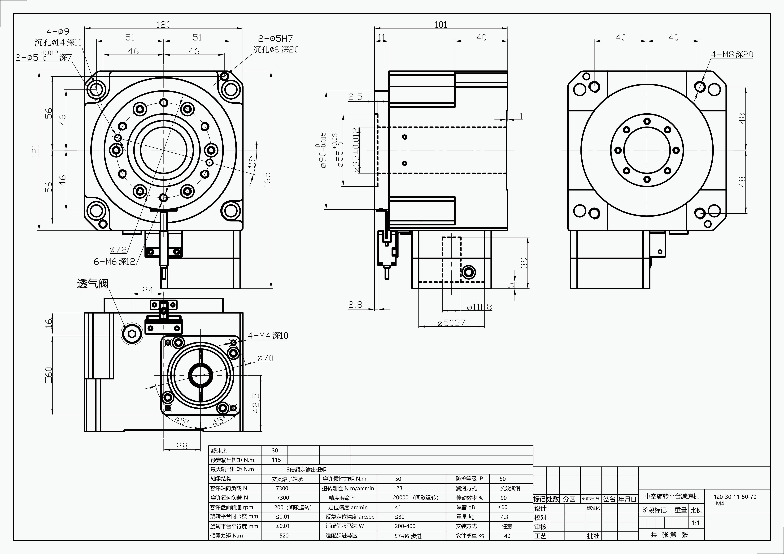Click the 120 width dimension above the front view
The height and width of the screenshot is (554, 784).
coord(163,25)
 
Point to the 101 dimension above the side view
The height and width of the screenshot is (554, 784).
coord(440,25)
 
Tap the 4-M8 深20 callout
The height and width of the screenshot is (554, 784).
coord(732,54)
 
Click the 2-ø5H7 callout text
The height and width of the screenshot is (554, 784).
coord(275,38)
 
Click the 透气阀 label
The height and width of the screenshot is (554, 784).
coord(93,284)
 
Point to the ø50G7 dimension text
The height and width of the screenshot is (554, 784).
coord(451,323)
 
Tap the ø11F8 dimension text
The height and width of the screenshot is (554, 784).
coord(479,307)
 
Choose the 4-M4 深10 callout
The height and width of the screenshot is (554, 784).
coord(268,336)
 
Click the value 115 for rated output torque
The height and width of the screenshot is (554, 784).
coord(276,460)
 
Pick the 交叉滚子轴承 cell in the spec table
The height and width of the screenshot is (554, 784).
coord(287,479)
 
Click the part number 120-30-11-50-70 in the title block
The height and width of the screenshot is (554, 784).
coord(735,497)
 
